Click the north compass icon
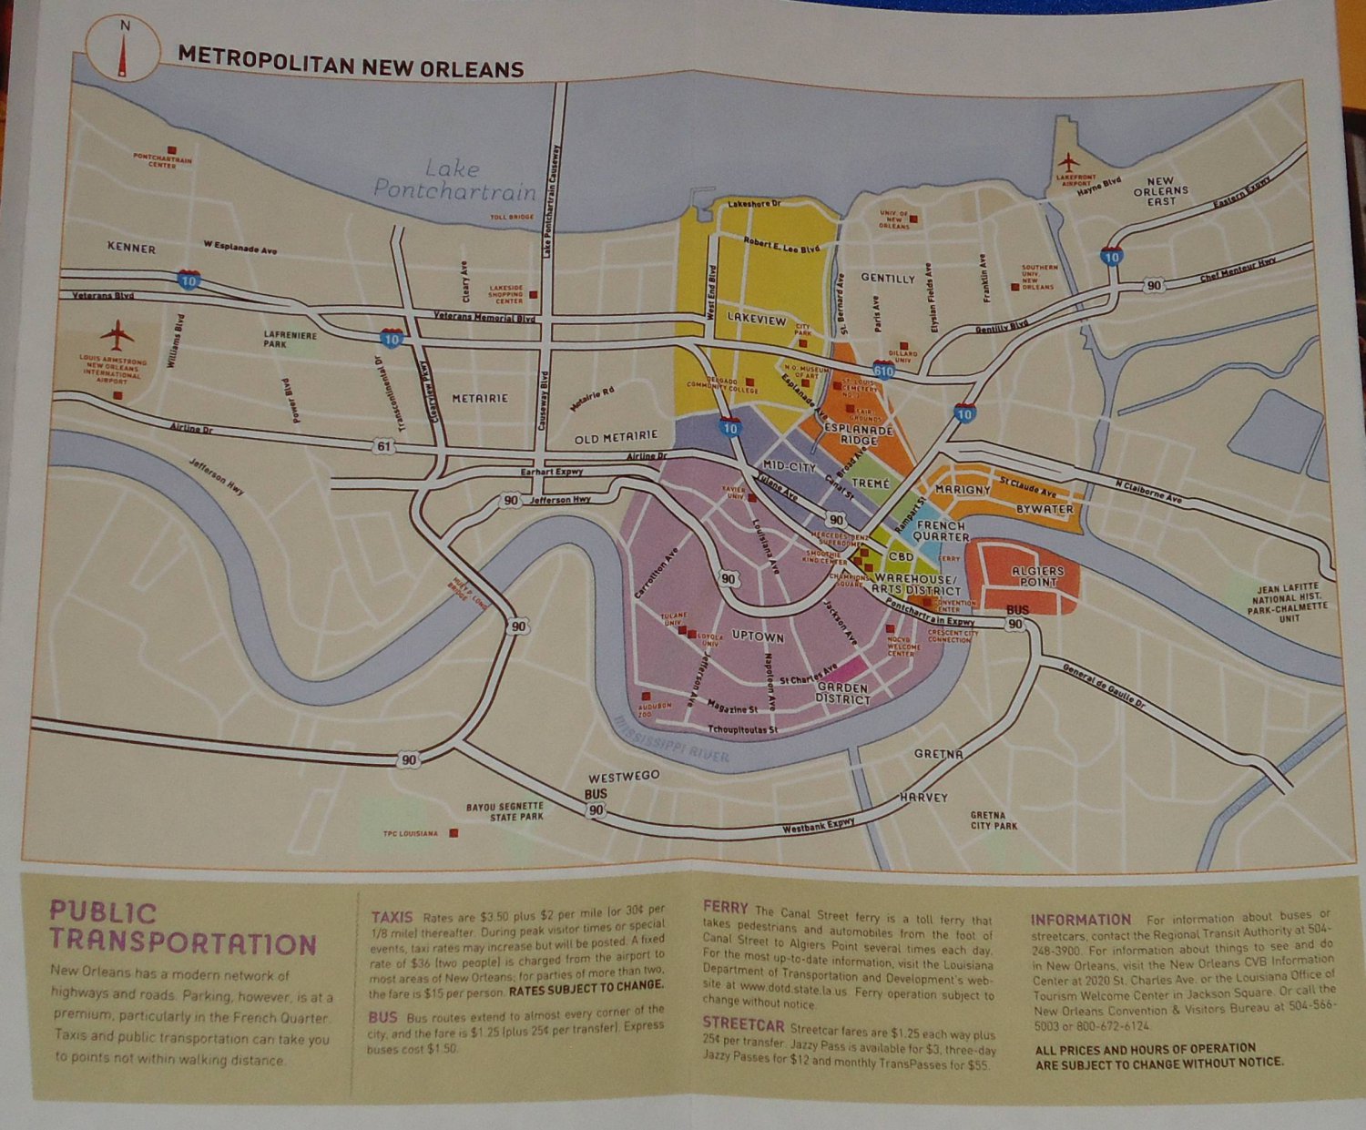pos(120,50)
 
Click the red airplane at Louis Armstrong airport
pos(117,334)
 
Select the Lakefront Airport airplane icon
pos(1067,163)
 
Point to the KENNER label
pos(131,248)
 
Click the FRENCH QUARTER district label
pos(942,531)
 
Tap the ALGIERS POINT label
pos(1037,576)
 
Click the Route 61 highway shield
pos(383,445)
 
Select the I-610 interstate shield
pos(882,370)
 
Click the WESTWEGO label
pos(623,777)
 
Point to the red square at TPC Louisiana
pos(454,832)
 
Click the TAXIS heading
pos(392,917)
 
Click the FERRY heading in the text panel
pos(725,907)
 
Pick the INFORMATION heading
pos(1080,920)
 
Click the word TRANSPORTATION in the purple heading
pos(183,943)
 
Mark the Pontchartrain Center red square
pos(170,149)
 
